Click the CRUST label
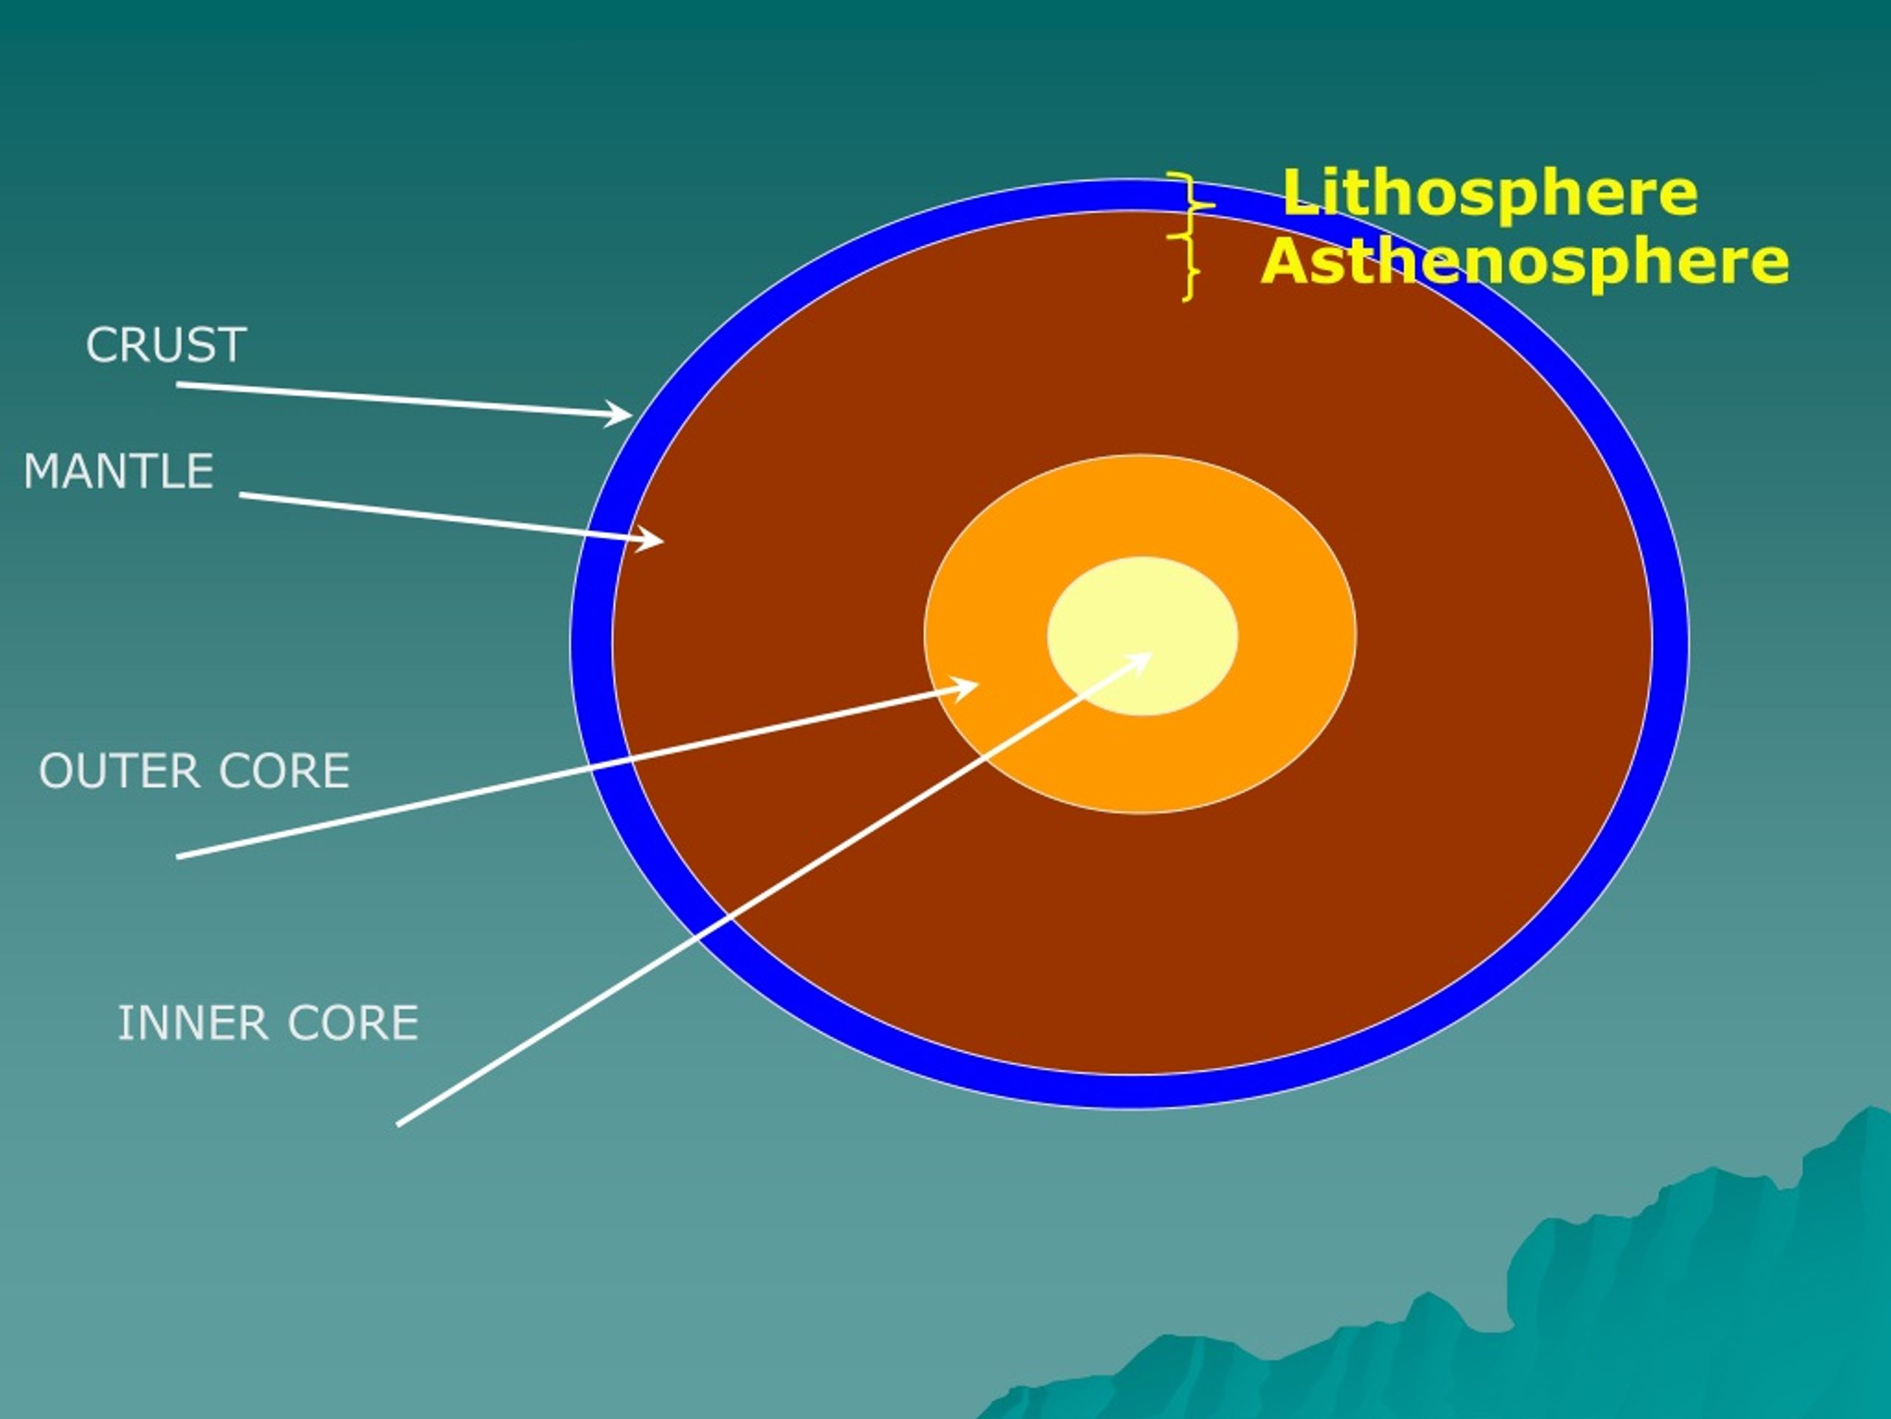tap(166, 346)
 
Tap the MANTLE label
tap(118, 472)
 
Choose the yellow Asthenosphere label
tap(1525, 261)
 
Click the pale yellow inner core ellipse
tap(1142, 636)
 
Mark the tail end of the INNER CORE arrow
tap(398, 1125)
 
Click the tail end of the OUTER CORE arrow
tap(178, 856)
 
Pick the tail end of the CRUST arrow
tap(178, 385)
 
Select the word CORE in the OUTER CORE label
tap(284, 771)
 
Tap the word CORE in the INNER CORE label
tap(353, 1023)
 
